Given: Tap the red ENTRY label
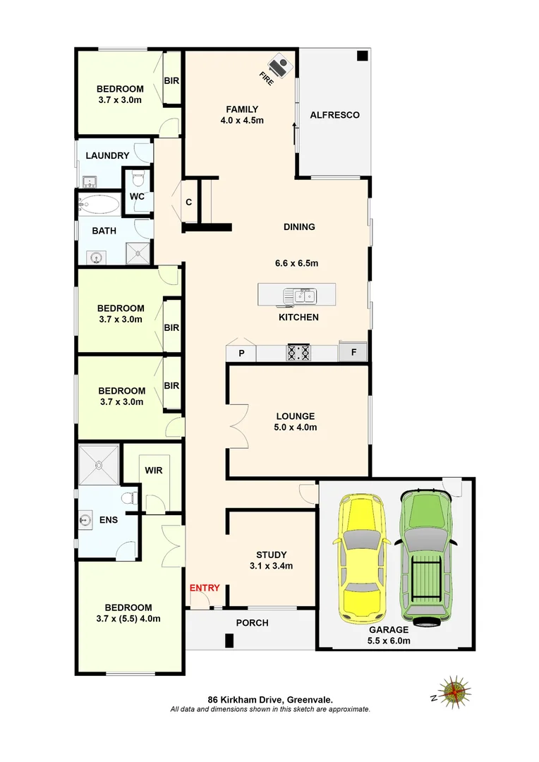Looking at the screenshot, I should tap(205, 588).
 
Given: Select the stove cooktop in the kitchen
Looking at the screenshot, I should tap(298, 352).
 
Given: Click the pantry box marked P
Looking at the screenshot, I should tap(241, 353).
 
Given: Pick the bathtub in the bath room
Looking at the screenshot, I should tap(99, 205).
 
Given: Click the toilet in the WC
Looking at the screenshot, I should tap(137, 177).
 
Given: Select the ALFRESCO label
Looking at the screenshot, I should tap(335, 114).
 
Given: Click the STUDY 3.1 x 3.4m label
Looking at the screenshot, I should tap(271, 560).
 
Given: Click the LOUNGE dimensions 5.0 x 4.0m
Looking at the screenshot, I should tap(296, 427).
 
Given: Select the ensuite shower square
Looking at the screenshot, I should tap(99, 465).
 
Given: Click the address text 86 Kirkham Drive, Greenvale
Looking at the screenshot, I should tap(270, 700).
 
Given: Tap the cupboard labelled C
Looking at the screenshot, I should tap(189, 202).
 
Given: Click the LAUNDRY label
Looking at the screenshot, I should tap(107, 155).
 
